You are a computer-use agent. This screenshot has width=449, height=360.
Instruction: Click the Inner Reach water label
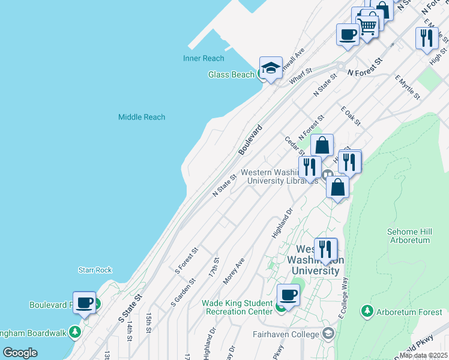point(203,58)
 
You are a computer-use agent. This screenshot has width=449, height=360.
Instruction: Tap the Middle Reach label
point(142,117)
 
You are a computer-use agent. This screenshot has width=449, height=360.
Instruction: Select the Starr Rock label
point(95,271)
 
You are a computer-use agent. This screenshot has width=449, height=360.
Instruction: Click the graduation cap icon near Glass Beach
point(271,67)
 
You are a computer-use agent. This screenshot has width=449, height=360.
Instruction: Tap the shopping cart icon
point(367,25)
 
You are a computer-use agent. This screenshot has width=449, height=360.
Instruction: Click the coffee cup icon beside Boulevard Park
point(85,302)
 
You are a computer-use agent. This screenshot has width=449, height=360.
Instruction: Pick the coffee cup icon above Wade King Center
point(288,295)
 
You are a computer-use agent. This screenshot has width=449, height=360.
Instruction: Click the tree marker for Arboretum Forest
point(367,311)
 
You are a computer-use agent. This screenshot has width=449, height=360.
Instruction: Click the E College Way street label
point(344,294)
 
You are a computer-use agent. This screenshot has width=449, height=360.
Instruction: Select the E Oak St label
point(350,116)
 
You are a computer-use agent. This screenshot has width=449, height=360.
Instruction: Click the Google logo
point(20,353)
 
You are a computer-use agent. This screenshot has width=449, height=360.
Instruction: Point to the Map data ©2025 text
point(423,355)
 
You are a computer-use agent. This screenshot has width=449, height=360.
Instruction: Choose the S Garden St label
point(183,290)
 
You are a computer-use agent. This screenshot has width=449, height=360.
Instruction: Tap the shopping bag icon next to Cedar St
point(322,145)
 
